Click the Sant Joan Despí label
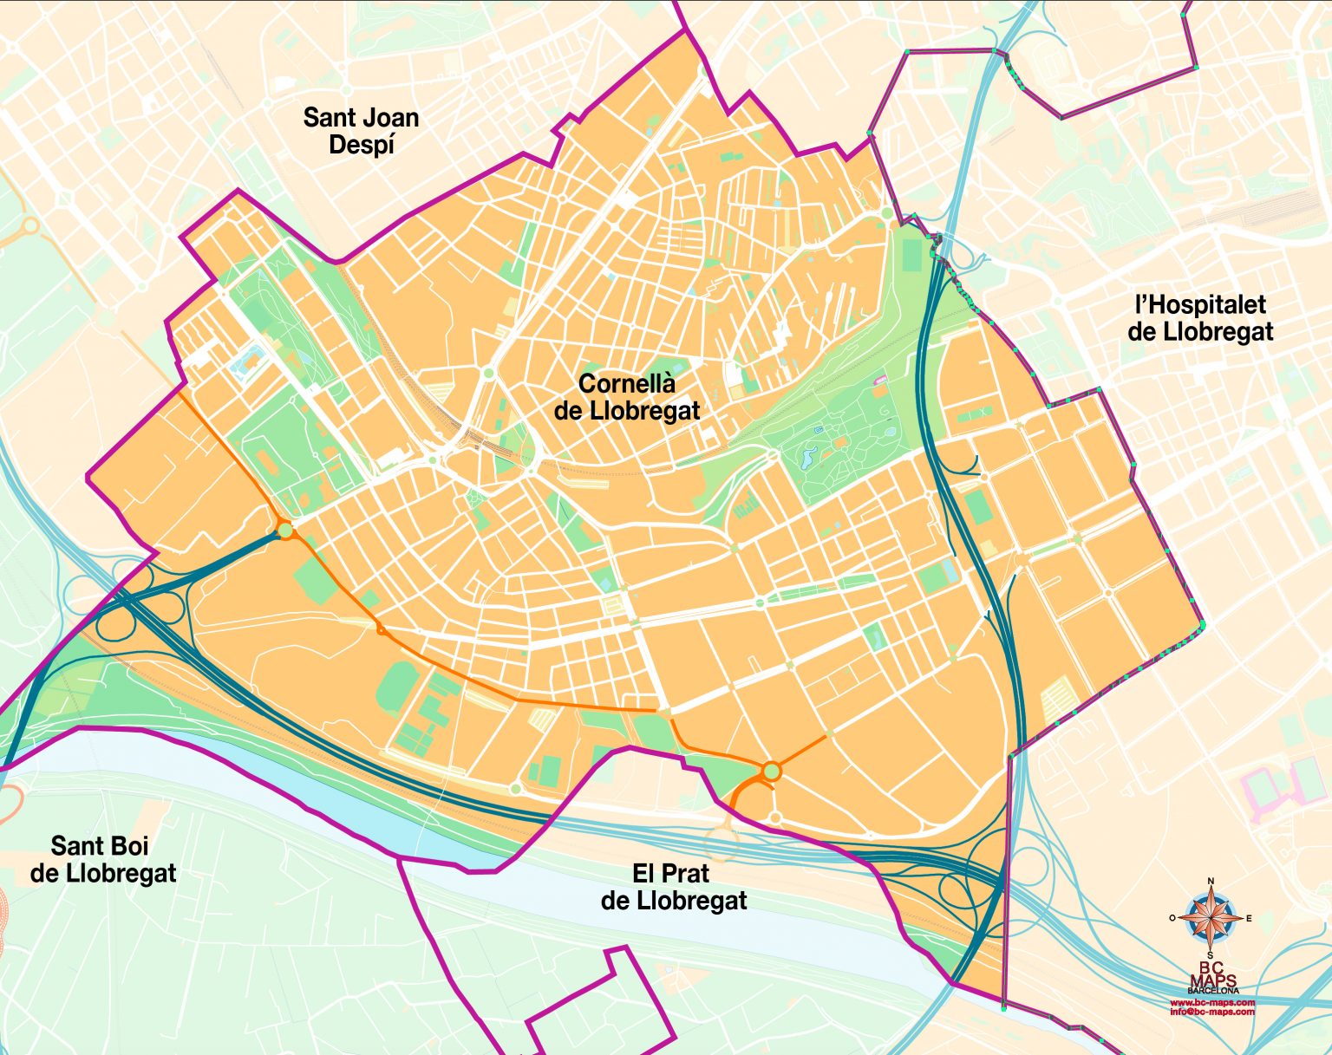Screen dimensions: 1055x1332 click(361, 131)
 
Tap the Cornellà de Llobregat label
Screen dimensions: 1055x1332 click(626, 397)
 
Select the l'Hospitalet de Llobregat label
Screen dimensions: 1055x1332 click(1200, 318)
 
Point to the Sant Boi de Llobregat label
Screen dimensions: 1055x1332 click(102, 859)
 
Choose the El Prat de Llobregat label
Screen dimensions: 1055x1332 click(673, 887)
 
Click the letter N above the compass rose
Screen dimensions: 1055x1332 click(1211, 882)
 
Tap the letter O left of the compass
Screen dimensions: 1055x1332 click(1172, 918)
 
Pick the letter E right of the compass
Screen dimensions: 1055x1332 click(1249, 918)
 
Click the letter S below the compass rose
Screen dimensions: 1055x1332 click(1211, 955)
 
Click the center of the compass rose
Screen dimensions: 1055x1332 click(1211, 918)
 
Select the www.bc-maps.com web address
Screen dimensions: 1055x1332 click(1212, 1003)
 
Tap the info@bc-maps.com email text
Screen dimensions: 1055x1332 click(1212, 1012)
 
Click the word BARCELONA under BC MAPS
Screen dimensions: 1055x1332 click(1212, 991)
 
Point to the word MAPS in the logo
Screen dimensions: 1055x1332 click(1212, 980)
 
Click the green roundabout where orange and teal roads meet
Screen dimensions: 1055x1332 click(284, 530)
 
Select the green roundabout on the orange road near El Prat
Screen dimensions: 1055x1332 click(772, 771)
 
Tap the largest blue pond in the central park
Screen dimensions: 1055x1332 click(809, 455)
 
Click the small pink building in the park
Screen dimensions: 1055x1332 click(881, 381)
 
